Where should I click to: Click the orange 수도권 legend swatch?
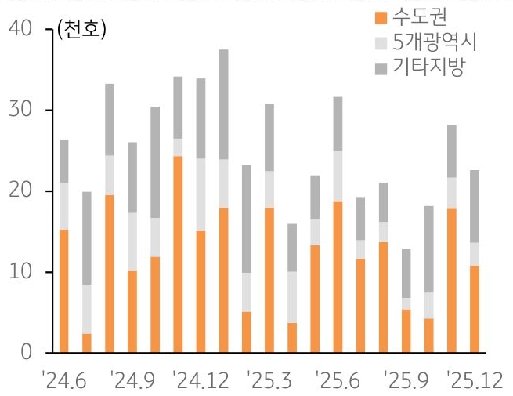(x=382, y=17)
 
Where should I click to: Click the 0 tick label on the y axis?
(x=27, y=353)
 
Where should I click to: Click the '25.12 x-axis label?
(x=471, y=381)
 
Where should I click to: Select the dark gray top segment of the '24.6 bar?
(x=63, y=161)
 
